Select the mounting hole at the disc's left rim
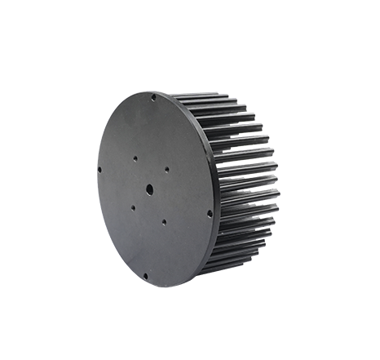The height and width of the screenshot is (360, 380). pyautogui.click(x=99, y=170)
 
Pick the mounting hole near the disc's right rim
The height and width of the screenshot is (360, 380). pyautogui.click(x=210, y=214)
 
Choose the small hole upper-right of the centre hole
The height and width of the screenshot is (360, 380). pyautogui.click(x=166, y=170)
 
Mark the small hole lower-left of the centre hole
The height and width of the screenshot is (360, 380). pyautogui.click(x=133, y=207)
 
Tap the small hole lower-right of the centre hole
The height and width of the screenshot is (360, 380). pyautogui.click(x=164, y=220)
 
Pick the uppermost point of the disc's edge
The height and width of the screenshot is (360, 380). pyautogui.click(x=147, y=91)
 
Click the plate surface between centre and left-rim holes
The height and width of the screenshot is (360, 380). pyautogui.click(x=122, y=181)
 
